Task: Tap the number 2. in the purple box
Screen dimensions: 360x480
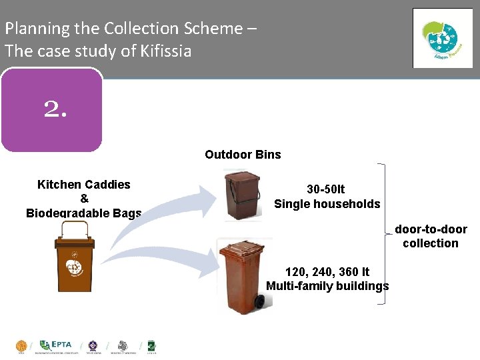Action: click(x=55, y=109)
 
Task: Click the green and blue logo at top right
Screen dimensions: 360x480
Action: click(x=442, y=38)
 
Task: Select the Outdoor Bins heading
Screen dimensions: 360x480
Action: click(x=243, y=155)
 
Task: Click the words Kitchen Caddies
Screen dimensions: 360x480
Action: click(x=84, y=185)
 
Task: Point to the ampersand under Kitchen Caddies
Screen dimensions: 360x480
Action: click(x=84, y=199)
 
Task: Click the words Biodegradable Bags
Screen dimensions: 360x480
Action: click(x=84, y=213)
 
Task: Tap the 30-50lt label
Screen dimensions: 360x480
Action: click(x=326, y=189)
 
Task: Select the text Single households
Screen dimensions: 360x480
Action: click(x=327, y=204)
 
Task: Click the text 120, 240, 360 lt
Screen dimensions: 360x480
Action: click(x=327, y=272)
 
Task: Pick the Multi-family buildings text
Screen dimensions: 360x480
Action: click(x=327, y=286)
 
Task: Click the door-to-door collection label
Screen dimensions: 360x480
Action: click(x=431, y=236)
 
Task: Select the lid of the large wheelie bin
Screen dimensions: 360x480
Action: click(x=246, y=252)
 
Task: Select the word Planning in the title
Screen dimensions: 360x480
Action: click(x=37, y=29)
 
